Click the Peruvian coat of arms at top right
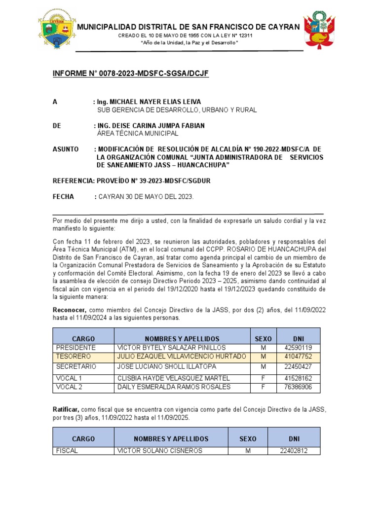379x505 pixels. click(x=320, y=30)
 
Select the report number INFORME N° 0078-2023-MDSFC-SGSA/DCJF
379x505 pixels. click(x=131, y=74)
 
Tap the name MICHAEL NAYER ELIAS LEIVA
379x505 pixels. click(x=148, y=102)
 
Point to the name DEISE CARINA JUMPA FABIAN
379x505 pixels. click(x=151, y=126)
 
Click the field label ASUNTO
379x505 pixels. click(x=66, y=149)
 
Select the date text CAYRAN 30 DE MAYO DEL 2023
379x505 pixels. click(x=146, y=197)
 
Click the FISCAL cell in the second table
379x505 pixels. click(x=67, y=450)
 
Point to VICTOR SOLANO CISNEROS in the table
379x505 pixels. click(x=153, y=450)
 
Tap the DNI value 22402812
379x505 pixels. click(x=293, y=450)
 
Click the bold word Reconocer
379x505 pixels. click(x=70, y=309)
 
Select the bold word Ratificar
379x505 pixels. click(x=67, y=409)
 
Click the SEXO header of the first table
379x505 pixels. click(x=263, y=339)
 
